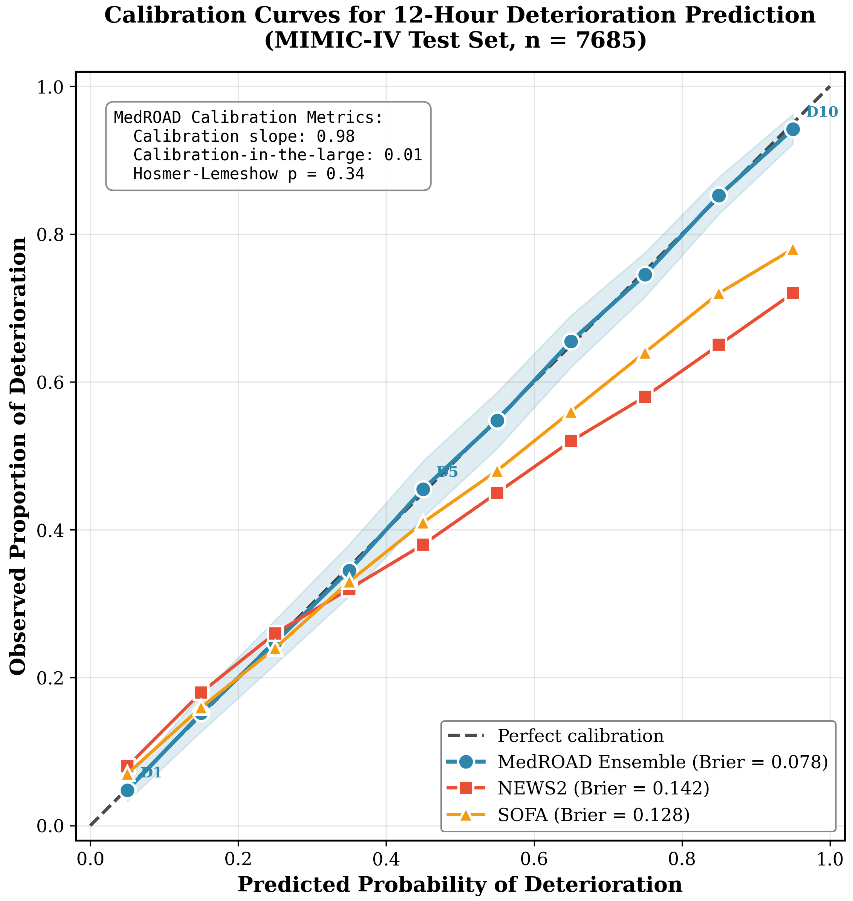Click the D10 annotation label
822,112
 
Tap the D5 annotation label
447,472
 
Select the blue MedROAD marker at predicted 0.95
793,129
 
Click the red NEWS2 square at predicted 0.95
793,293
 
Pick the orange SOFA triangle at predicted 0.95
793,250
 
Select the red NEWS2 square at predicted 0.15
201,693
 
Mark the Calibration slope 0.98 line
244,136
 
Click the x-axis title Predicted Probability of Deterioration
460,884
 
